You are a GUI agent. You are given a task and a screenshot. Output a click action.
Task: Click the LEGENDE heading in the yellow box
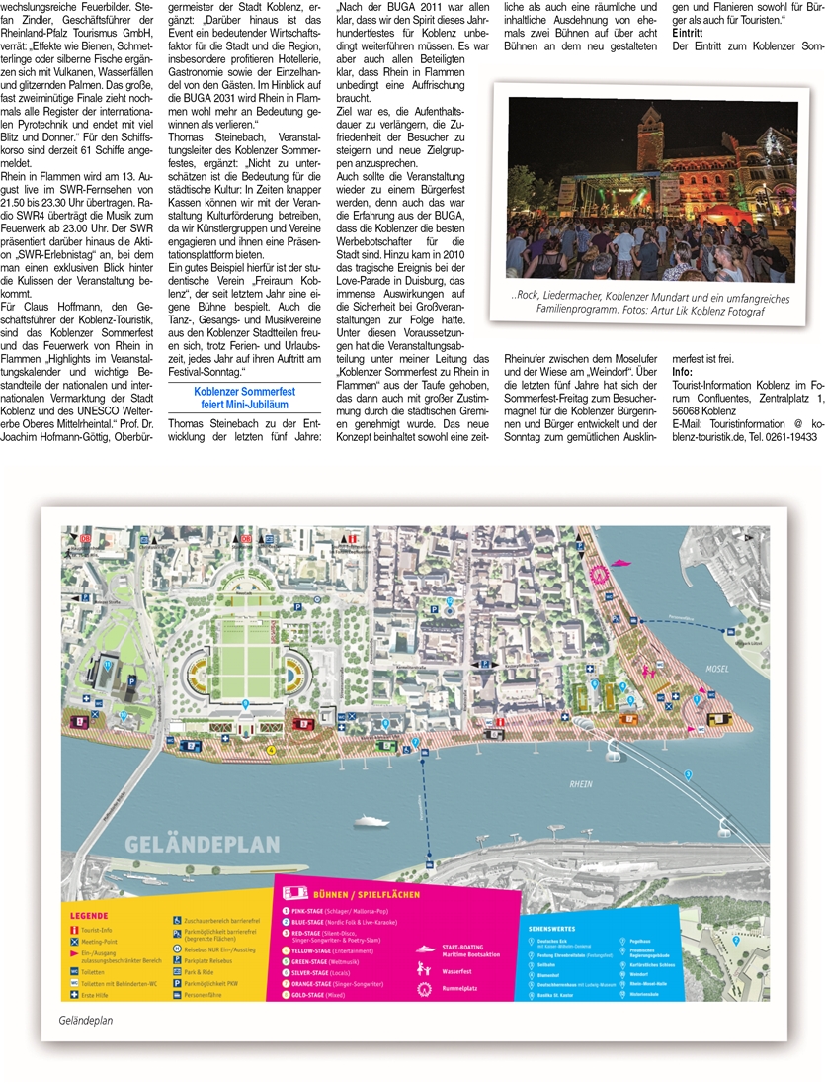tap(88, 916)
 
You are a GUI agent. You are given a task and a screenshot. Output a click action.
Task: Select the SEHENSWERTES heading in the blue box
tap(551, 929)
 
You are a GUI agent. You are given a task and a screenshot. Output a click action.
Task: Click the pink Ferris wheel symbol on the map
tap(597, 574)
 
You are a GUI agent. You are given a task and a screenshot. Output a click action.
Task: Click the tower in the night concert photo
tap(650, 130)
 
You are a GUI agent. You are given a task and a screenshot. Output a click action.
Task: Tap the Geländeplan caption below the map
tap(86, 1020)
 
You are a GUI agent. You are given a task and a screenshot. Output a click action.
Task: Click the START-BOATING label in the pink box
tap(464, 946)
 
